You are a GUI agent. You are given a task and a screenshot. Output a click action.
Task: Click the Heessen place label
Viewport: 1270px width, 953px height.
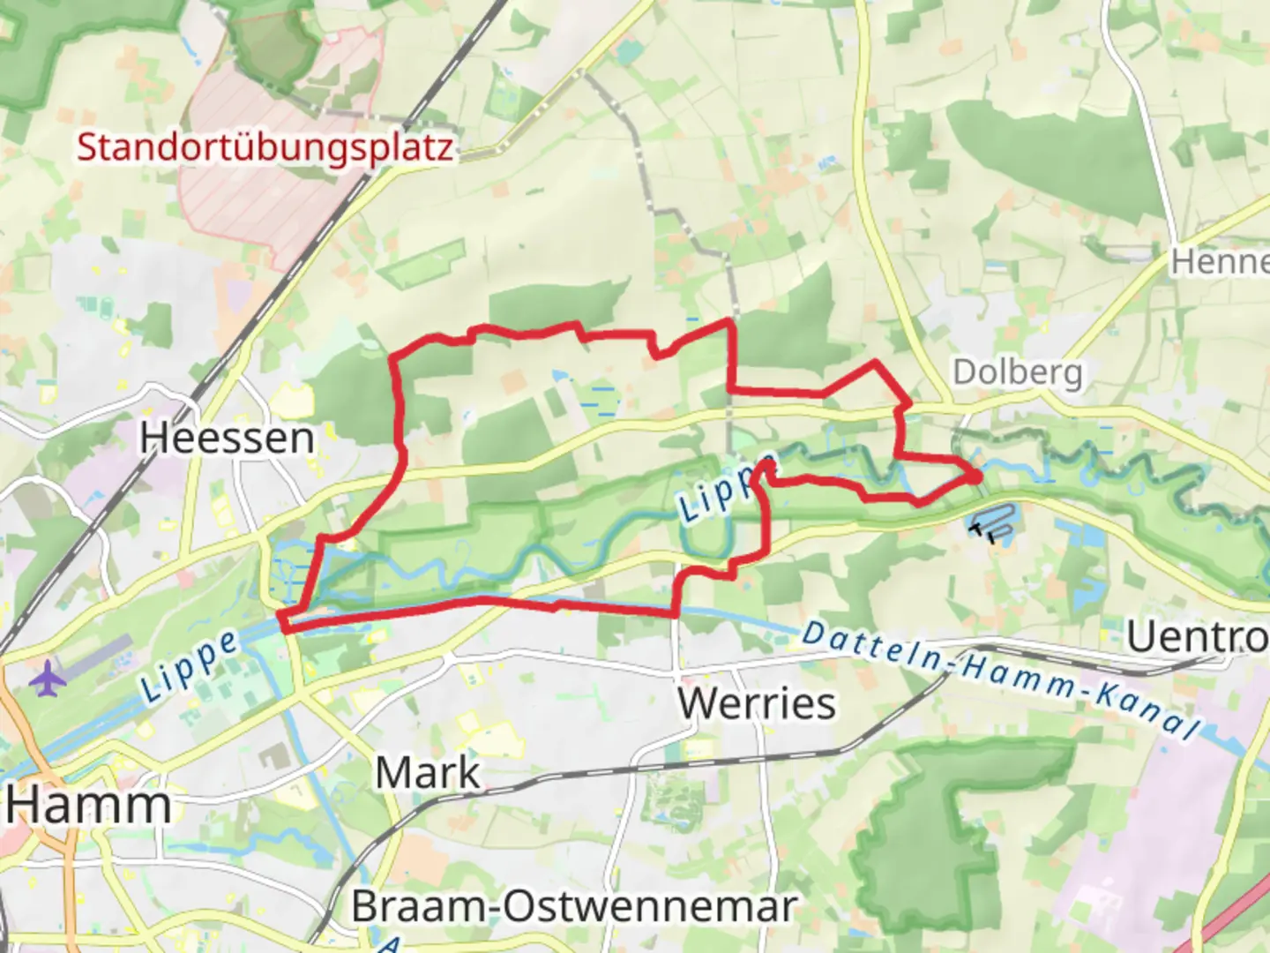(x=227, y=439)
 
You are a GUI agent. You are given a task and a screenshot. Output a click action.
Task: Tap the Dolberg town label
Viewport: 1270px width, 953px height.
(x=1017, y=372)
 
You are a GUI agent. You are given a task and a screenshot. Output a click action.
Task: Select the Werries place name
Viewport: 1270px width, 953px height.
(x=757, y=703)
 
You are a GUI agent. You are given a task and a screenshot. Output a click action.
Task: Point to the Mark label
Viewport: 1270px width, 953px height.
(x=429, y=773)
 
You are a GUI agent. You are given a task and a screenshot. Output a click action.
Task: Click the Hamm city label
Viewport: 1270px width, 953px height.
(x=88, y=805)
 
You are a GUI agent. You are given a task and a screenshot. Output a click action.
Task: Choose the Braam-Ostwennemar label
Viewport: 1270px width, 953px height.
(x=574, y=906)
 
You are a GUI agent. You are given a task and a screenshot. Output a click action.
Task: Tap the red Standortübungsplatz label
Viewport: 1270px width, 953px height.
(x=265, y=146)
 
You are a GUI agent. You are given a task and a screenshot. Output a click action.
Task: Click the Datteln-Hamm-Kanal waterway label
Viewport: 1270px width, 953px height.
(x=1001, y=680)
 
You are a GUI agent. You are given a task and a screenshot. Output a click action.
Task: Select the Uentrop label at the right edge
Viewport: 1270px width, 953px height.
(x=1198, y=636)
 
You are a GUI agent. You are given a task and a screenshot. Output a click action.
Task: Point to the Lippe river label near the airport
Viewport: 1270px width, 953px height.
(x=189, y=666)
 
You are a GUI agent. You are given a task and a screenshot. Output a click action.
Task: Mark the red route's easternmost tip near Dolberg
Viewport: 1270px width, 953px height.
(x=978, y=476)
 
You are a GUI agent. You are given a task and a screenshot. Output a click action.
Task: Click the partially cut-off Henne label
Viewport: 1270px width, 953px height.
(x=1220, y=262)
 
